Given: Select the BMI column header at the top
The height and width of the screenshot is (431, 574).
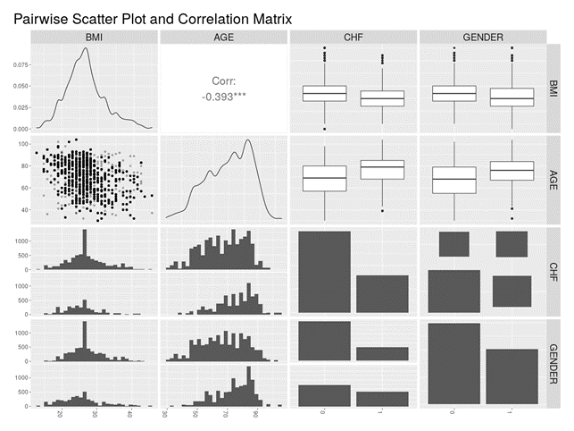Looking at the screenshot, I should tap(94, 37).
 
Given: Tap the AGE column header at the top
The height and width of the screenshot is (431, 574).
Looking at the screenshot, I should tap(223, 37).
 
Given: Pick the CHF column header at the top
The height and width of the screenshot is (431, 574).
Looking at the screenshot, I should tap(353, 37).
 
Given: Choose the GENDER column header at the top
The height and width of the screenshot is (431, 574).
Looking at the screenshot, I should tap(482, 37).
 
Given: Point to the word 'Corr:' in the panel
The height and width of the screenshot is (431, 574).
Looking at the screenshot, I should tap(224, 80).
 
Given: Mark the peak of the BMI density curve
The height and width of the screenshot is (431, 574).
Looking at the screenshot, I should tap(85, 48).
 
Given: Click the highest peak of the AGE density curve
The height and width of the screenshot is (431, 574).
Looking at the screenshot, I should tap(248, 140).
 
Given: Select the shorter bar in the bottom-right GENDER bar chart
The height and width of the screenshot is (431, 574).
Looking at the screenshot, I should tap(512, 377).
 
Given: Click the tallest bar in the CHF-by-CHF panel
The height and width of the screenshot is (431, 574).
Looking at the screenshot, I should tap(323, 273).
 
